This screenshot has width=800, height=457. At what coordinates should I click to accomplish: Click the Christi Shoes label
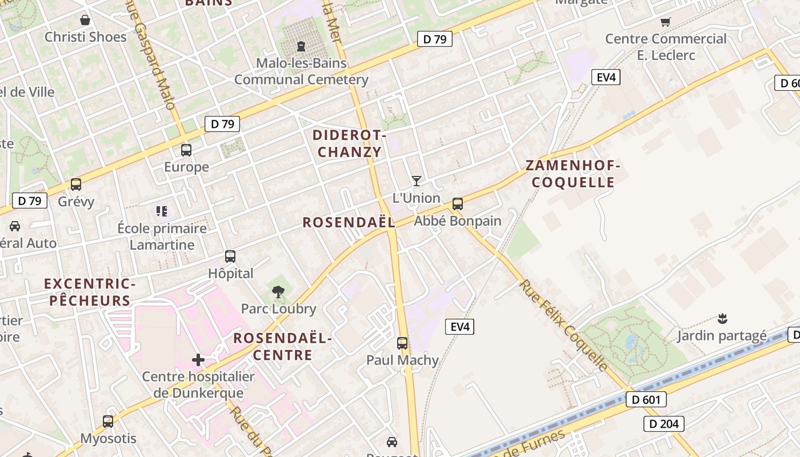pyautogui.click(x=85, y=37)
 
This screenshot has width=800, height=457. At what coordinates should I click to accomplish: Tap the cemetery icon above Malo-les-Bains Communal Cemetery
pyautogui.click(x=301, y=46)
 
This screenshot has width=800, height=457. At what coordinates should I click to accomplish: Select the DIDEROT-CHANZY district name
pyautogui.click(x=350, y=144)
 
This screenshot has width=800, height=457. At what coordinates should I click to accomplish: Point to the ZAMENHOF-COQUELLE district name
pyautogui.click(x=573, y=174)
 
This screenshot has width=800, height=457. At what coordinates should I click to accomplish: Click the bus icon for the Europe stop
pyautogui.click(x=186, y=150)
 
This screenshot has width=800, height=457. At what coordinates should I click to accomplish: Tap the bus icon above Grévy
pyautogui.click(x=76, y=185)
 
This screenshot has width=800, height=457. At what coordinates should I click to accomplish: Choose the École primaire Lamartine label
pyautogui.click(x=162, y=236)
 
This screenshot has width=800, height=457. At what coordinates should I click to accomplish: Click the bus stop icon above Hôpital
pyautogui.click(x=230, y=256)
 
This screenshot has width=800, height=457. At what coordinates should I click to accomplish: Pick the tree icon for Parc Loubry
pyautogui.click(x=278, y=292)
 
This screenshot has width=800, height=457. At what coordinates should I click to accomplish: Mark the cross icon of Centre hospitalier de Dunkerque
pyautogui.click(x=198, y=360)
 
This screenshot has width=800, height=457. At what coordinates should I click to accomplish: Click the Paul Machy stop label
pyautogui.click(x=402, y=360)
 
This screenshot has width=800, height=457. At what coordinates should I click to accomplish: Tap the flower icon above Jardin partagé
pyautogui.click(x=722, y=318)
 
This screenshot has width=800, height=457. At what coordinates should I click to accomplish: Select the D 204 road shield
pyautogui.click(x=663, y=423)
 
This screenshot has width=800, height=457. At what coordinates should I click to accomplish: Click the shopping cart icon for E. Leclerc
pyautogui.click(x=665, y=22)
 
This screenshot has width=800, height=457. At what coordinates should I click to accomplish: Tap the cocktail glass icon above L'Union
pyautogui.click(x=417, y=181)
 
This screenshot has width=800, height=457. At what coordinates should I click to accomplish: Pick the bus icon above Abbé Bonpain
pyautogui.click(x=457, y=204)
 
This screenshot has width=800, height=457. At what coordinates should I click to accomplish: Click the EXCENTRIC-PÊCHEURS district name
pyautogui.click(x=90, y=292)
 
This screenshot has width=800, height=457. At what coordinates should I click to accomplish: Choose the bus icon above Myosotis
pyautogui.click(x=108, y=422)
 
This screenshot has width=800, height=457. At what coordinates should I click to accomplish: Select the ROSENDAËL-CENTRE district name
pyautogui.click(x=282, y=347)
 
